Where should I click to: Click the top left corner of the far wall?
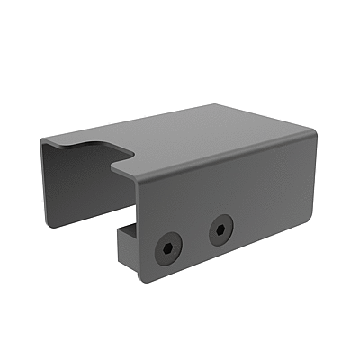pyautogui.click(x=42, y=142)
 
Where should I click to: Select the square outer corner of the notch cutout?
pyautogui.click(x=112, y=163)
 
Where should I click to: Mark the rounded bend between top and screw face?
pyautogui.click(x=225, y=162)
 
